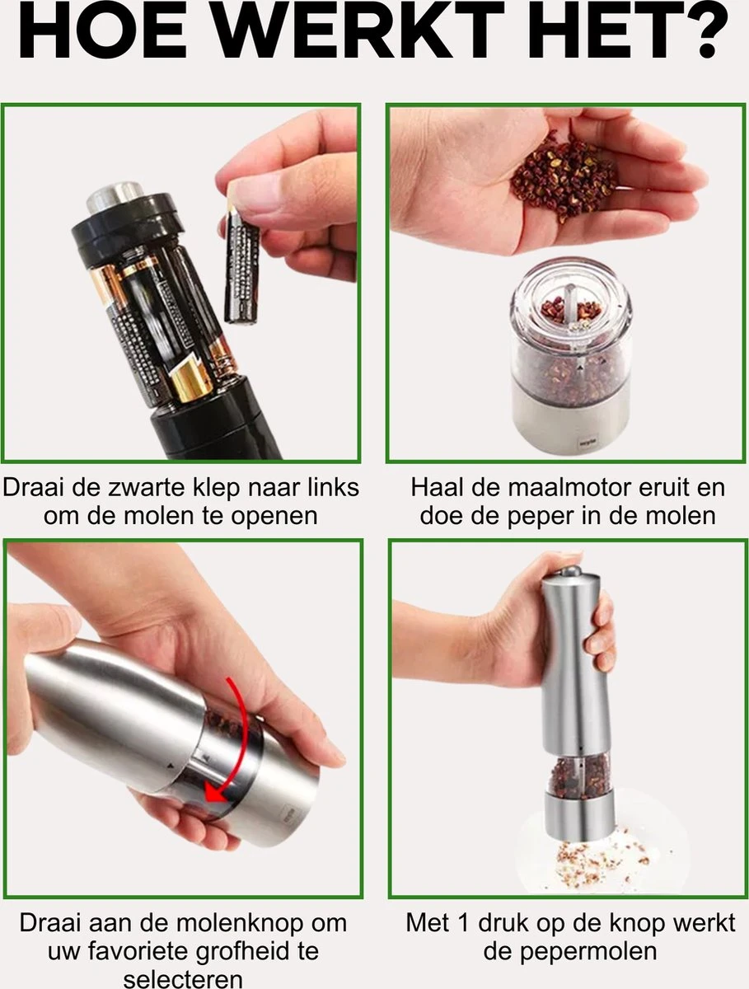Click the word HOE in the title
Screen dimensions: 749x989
coord(102,30)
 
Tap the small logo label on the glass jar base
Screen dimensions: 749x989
coord(584,443)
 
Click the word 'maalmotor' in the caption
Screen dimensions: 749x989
coord(565,488)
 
